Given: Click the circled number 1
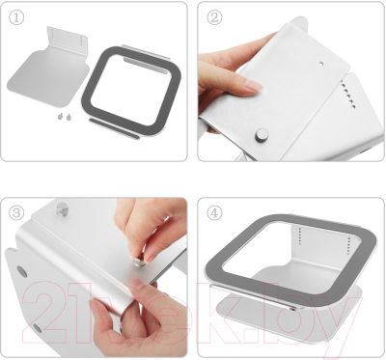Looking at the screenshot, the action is coord(16,18).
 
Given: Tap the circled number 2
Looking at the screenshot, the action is coord(214,17).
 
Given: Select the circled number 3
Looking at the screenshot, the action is coord(16,213).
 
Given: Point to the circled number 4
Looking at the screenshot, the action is coord(214,213).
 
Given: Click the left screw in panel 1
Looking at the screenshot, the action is coord(60,117).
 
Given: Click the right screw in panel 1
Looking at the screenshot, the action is coord(69,117).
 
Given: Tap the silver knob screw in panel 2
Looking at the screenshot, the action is coord(262,134).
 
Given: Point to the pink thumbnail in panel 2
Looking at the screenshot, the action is coord(254,86).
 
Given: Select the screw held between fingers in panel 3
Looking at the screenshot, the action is coord(139,261).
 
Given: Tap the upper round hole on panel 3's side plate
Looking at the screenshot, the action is coord(21,271).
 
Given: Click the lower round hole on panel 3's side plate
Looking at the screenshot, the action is coord(38,328).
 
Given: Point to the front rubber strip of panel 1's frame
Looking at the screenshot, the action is coord(114,128).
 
